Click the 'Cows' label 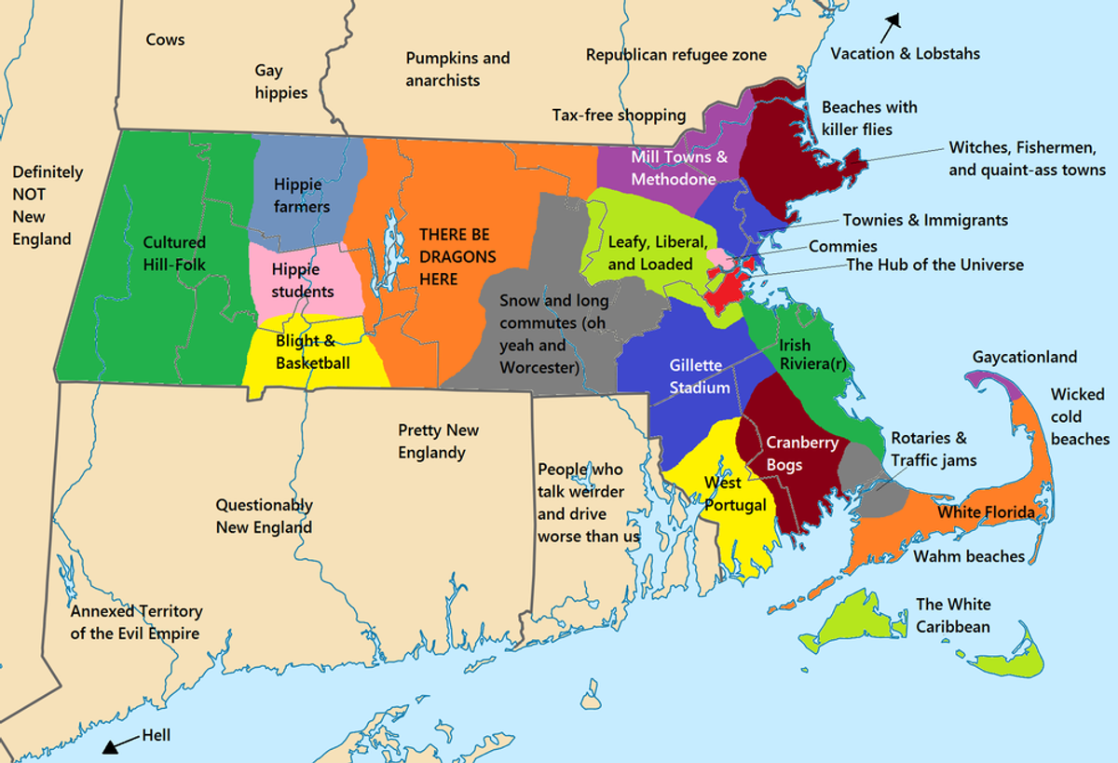(x=165, y=40)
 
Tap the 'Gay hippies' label (x=280, y=82)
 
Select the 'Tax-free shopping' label (x=619, y=116)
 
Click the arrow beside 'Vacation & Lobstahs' (x=893, y=20)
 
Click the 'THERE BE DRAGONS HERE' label (x=455, y=257)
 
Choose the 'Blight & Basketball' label (x=312, y=352)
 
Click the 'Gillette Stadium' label (x=700, y=376)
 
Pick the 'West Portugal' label (x=735, y=494)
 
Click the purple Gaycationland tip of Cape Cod (x=988, y=379)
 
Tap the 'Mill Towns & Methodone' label (x=679, y=168)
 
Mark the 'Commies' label (x=842, y=246)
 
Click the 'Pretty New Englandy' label (x=439, y=442)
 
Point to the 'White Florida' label (x=986, y=512)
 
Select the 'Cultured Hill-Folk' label (x=174, y=253)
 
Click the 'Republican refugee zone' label (x=675, y=55)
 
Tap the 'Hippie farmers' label (x=301, y=196)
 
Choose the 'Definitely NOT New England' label (x=47, y=206)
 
